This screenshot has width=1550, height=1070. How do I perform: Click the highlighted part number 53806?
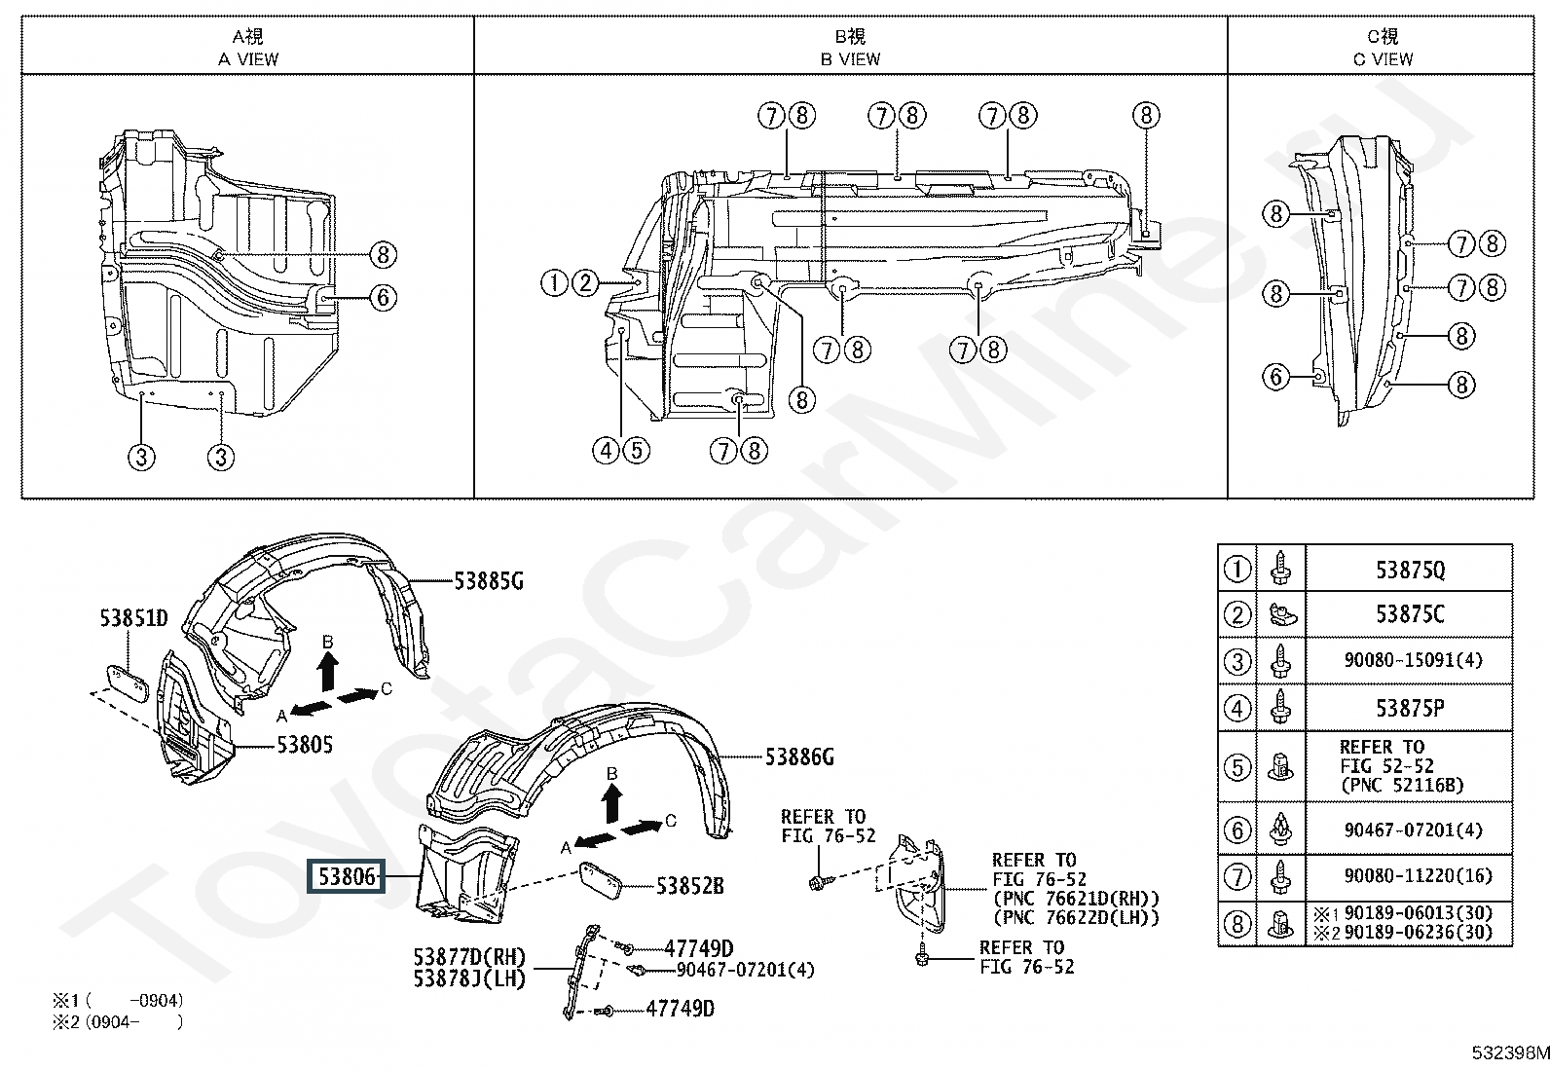point(346,877)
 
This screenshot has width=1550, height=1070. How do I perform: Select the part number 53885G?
point(489,581)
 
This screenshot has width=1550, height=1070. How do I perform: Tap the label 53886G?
point(799,757)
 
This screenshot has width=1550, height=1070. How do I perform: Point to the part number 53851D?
point(133,617)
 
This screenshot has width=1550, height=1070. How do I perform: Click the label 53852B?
point(690,886)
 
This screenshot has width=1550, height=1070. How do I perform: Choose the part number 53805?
point(305,745)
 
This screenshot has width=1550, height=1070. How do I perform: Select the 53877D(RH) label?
point(470,957)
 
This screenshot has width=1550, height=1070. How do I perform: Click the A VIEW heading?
point(248,59)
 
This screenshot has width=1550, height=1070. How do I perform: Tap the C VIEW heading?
point(1383,59)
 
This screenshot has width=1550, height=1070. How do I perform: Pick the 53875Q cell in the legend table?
point(1410,571)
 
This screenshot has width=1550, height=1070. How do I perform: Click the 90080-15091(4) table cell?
point(1414,660)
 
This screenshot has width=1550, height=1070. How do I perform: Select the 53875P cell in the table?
point(1410,709)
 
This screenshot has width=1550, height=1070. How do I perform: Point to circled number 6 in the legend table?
point(1237,830)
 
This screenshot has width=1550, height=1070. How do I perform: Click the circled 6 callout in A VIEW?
point(384,298)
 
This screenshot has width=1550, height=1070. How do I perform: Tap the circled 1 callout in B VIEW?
point(554,283)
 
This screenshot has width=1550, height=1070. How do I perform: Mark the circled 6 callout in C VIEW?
point(1276,377)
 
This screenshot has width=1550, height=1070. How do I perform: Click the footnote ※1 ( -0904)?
point(118,1000)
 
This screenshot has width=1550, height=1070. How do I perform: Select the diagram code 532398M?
point(1510,1052)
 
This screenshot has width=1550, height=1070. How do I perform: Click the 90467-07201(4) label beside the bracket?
point(745,970)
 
